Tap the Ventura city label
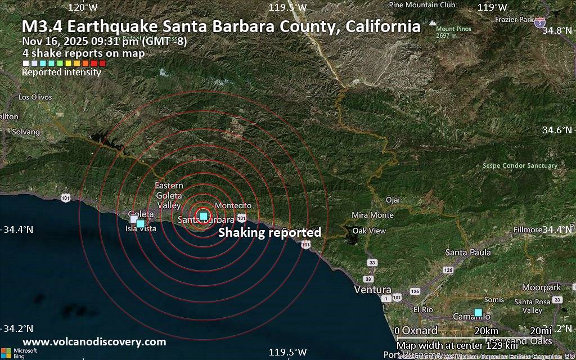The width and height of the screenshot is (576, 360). [372, 289]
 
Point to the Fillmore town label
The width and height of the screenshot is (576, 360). [528, 230]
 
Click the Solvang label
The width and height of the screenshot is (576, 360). [26, 132]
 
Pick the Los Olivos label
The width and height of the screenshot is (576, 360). [35, 97]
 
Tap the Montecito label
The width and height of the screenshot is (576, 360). [233, 206]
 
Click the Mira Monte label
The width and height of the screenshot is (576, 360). [372, 215]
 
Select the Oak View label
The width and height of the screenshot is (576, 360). [369, 231]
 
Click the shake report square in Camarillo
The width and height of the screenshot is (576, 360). [478, 312]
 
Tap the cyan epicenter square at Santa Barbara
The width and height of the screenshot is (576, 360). [204, 216]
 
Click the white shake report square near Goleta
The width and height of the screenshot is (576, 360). [134, 219]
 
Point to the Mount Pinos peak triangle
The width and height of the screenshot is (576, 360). [432, 23]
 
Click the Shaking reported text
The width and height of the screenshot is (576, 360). [269, 232]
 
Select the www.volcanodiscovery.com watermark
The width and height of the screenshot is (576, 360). [94, 341]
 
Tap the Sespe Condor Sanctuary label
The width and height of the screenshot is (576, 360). [520, 165]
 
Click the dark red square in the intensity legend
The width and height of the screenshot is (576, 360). [102, 64]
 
